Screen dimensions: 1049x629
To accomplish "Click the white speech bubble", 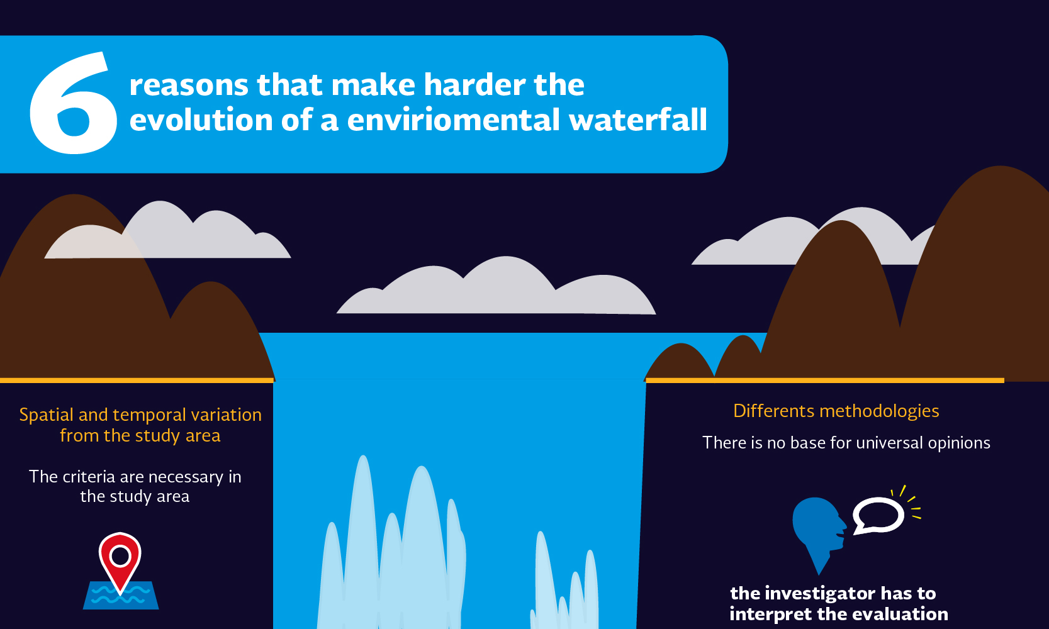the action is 878,515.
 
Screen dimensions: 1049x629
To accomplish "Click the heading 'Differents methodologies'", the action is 836,411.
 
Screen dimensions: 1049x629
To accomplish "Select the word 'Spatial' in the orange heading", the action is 47,415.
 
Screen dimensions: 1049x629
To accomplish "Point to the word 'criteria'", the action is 89,476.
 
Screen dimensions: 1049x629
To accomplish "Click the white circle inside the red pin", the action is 120,556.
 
